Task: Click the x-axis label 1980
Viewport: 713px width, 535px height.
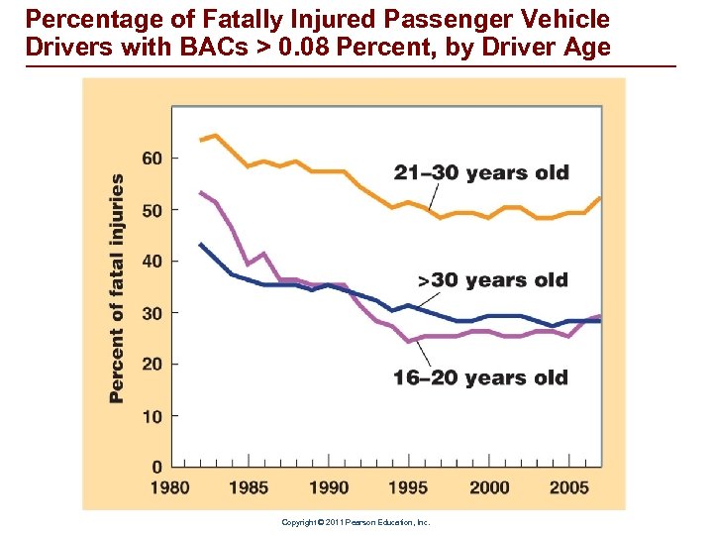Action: (x=170, y=487)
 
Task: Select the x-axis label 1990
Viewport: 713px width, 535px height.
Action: (x=329, y=487)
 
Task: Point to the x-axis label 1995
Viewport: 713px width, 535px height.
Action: (x=408, y=487)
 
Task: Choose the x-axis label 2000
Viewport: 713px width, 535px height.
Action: (x=489, y=487)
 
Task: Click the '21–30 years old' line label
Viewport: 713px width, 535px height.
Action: (x=481, y=173)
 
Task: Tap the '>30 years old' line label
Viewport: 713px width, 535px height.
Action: (x=492, y=280)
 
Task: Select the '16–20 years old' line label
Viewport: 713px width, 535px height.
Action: (x=480, y=377)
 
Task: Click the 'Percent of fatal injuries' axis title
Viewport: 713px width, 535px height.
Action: (x=117, y=288)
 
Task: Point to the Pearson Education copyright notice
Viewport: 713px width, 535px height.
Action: (x=356, y=522)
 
